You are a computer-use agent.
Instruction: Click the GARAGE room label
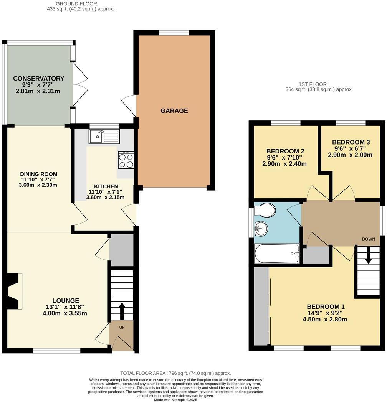coord(174,111)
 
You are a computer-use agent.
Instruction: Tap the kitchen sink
coord(104,136)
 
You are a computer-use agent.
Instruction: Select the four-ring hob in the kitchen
coord(126,160)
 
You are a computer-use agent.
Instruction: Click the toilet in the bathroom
coord(265,210)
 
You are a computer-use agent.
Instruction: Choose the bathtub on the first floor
coord(277,254)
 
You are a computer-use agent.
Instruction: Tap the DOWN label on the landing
coord(368,239)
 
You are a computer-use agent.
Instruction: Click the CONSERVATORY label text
coord(38,79)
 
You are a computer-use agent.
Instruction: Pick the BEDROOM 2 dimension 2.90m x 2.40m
coord(284,164)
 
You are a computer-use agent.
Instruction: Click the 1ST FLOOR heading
coord(313,84)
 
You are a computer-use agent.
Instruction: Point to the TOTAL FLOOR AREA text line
coord(175,373)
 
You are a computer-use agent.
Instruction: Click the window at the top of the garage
coord(174,33)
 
